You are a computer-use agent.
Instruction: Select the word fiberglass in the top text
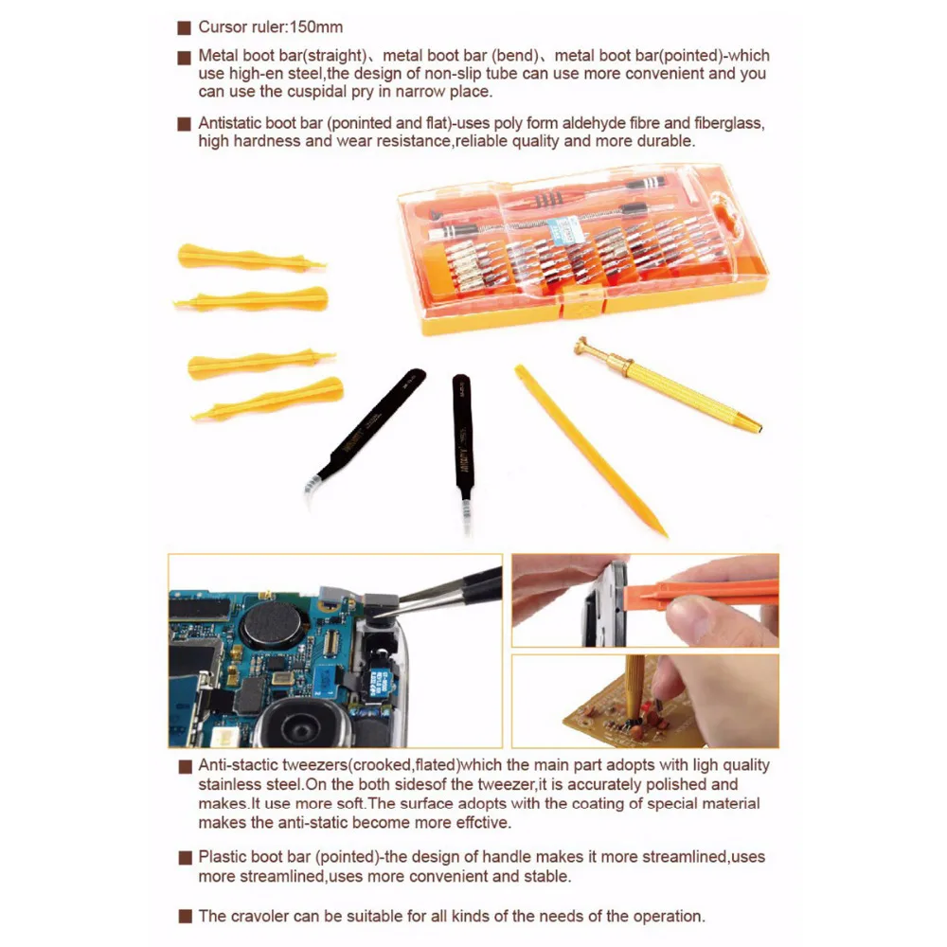click(x=729, y=124)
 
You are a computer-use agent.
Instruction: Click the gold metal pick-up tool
click(x=667, y=384)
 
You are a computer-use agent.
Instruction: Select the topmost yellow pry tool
click(x=250, y=259)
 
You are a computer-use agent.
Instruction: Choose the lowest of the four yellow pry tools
click(x=268, y=399)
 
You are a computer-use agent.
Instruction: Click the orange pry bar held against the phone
click(x=701, y=593)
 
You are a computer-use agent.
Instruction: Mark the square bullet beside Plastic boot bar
click(x=186, y=858)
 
